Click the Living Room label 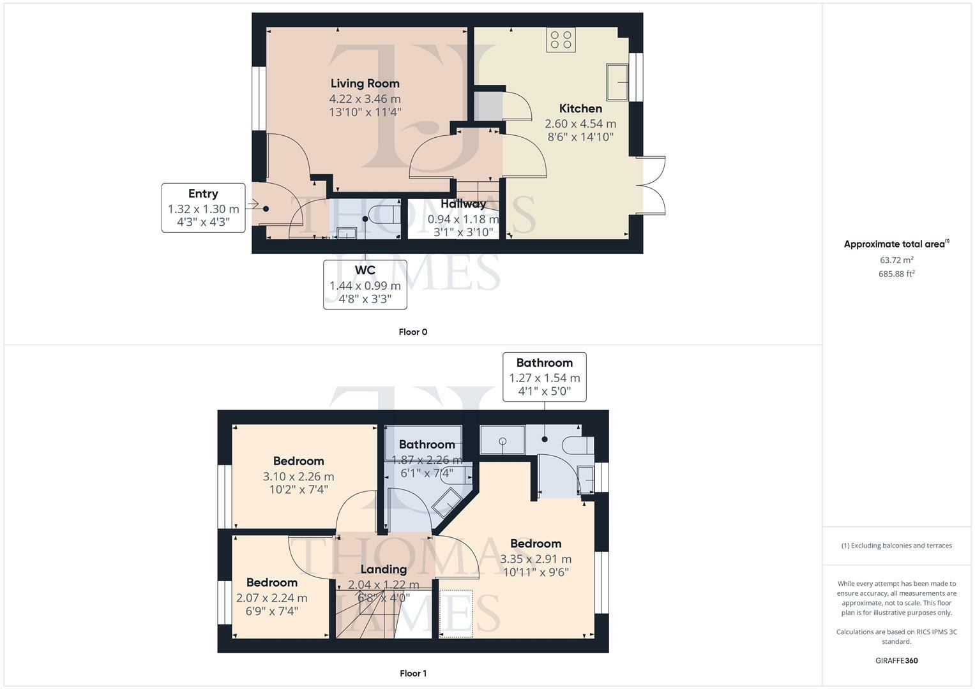pos(365,83)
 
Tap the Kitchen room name pos(580,108)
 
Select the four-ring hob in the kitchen pos(561,40)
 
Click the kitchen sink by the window pos(617,82)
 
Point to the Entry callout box pos(203,208)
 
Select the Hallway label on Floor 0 pos(463,204)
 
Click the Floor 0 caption pos(412,332)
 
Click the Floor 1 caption pos(412,673)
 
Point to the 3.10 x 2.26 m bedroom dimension pos(298,477)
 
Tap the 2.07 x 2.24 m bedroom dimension pos(271,598)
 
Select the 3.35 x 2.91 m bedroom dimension pos(535,559)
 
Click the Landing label pos(384,569)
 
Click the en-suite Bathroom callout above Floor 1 pos(544,376)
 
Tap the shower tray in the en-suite pos(503,440)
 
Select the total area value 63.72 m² pos(896,260)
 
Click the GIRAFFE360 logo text pos(896,660)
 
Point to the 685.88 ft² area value pos(896,274)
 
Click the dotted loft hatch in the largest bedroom pos(456,614)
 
